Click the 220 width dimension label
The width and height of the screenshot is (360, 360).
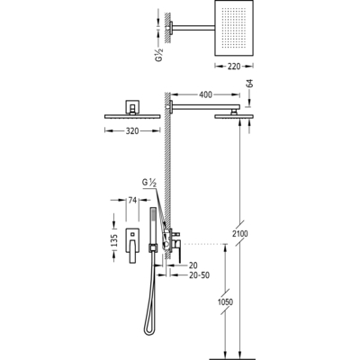pos(234,67)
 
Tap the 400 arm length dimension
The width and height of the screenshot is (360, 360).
pos(205,94)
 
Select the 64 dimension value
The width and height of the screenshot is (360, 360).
pos(250,84)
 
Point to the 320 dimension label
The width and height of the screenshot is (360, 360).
pos(132,130)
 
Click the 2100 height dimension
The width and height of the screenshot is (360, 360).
pos(240,233)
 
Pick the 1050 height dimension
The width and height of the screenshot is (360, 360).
pos(225,301)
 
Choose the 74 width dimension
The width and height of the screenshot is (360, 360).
pos(132,200)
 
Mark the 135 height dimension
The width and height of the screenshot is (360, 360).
pos(114,240)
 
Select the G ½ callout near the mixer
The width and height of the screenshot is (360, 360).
pos(149,183)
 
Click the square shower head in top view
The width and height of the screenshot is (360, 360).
pos(234,28)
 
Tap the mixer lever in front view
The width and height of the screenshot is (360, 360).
pos(132,252)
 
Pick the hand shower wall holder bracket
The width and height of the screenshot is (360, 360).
pos(153,248)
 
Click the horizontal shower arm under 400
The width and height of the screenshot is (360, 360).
pos(206,106)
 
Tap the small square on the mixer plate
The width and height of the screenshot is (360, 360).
pos(132,231)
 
